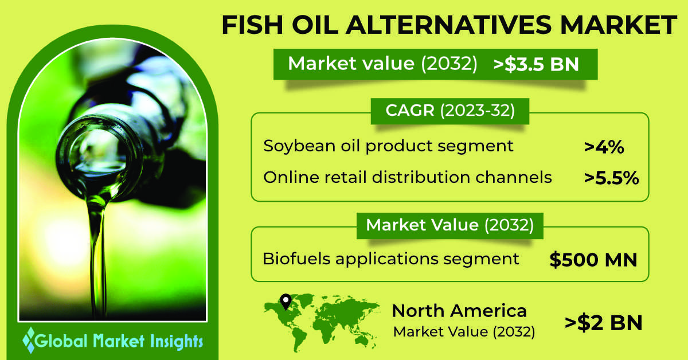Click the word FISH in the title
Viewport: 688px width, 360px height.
point(252,25)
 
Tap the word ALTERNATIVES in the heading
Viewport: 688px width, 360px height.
point(449,25)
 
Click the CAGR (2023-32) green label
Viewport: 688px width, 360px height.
point(450,111)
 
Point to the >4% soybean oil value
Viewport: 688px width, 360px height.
point(604,147)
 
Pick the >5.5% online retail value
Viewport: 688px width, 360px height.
point(612,178)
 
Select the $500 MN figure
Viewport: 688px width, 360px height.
point(593,260)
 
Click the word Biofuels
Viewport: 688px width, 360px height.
point(296,259)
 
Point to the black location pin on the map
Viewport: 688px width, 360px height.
point(286,302)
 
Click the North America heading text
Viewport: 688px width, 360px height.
point(459,311)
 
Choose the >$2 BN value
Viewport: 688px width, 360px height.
point(604,323)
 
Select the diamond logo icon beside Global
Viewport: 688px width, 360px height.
point(30,341)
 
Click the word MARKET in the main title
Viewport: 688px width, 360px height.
point(618,25)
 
